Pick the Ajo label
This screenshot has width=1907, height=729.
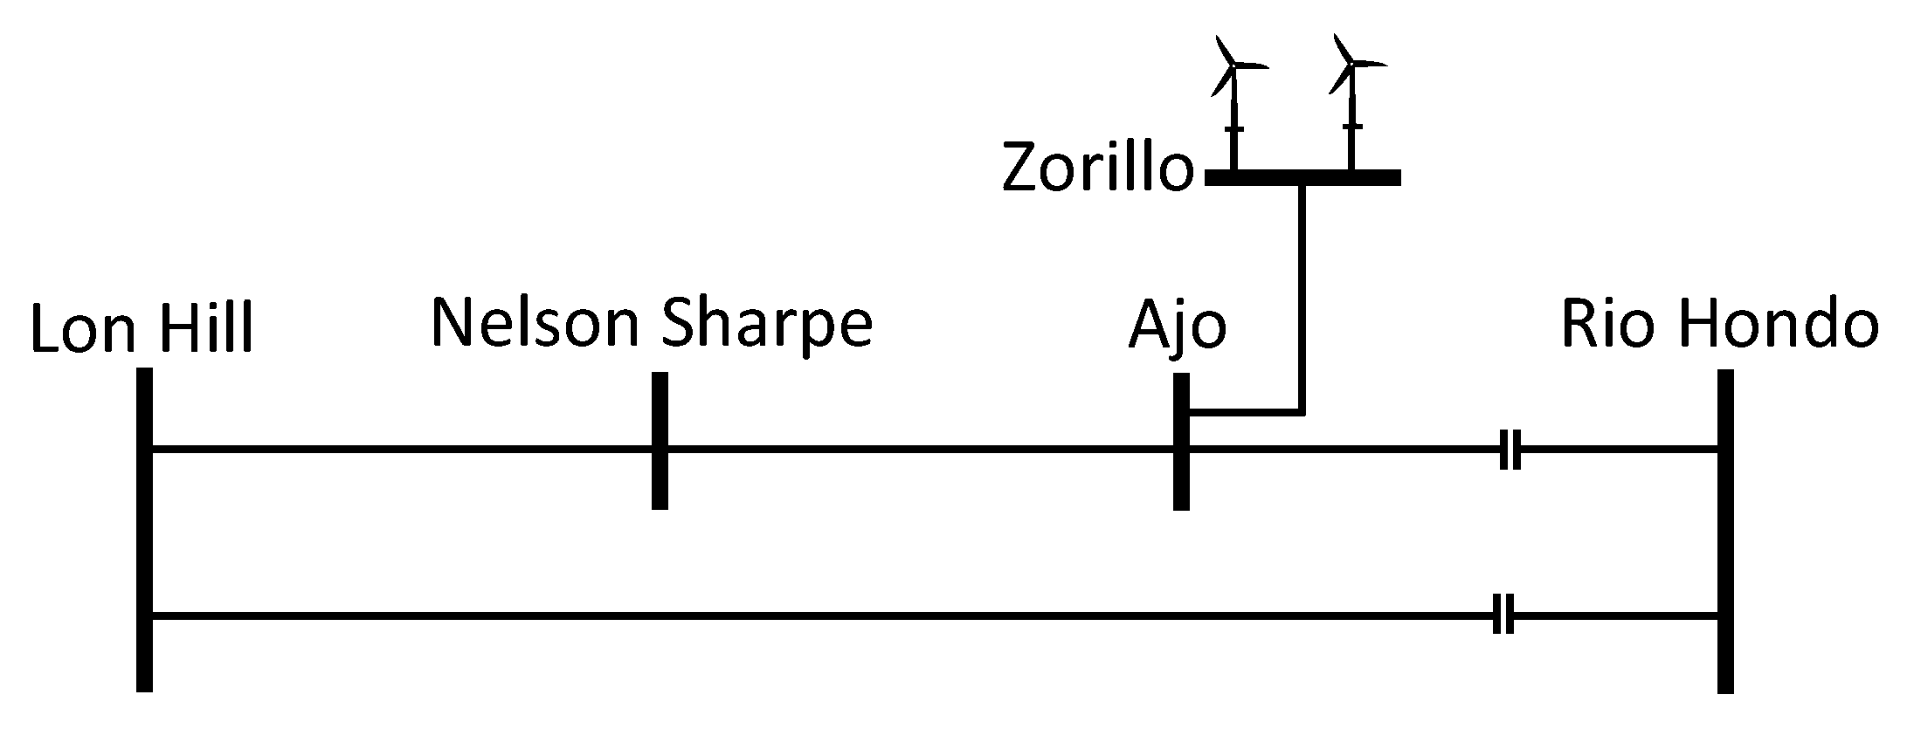[x=1178, y=327]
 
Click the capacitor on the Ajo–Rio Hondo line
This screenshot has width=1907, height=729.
[x=1510, y=450]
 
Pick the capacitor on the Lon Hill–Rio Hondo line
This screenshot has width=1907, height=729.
[x=1503, y=616]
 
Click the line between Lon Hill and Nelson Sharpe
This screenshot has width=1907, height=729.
[x=402, y=450]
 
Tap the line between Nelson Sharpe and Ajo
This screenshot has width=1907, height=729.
[x=917, y=450]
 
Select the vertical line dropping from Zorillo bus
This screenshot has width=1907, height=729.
[x=1302, y=297]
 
